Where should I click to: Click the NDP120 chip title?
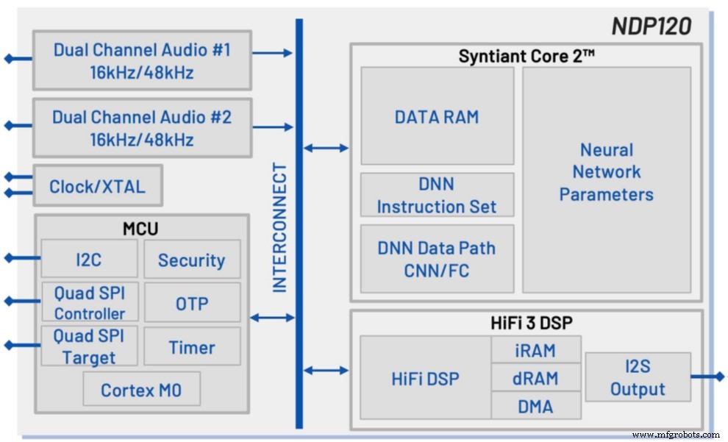[651, 26]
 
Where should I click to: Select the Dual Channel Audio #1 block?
[142, 61]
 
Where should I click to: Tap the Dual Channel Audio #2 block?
[142, 128]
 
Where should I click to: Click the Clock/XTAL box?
[98, 186]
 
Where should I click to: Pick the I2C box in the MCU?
[89, 260]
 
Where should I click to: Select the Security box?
[192, 260]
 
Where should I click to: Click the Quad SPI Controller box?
[89, 302]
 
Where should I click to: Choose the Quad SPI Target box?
[89, 346]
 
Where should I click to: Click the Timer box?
[192, 347]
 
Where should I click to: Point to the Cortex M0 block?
[140, 389]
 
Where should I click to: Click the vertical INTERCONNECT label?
[280, 228]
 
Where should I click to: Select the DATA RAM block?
[437, 116]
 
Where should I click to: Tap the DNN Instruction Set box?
[437, 195]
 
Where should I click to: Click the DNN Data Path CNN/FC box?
[437, 259]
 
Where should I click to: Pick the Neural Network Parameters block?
[607, 173]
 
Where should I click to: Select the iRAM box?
[535, 350]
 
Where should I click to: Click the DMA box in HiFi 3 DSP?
[535, 405]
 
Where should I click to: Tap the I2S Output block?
[638, 377]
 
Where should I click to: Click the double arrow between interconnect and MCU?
[272, 318]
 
